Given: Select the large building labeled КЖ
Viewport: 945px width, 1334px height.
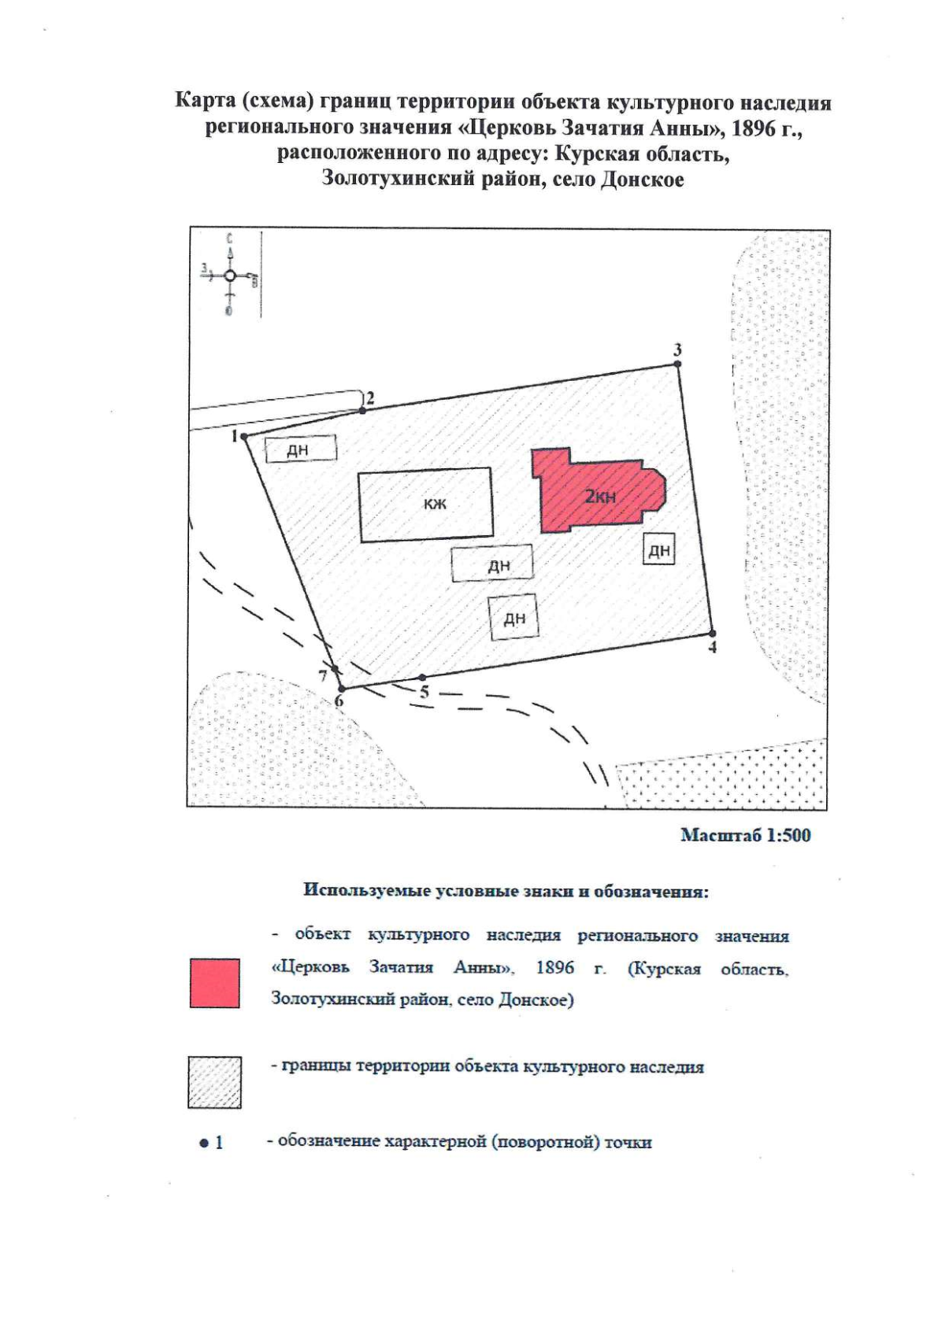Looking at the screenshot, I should click(426, 504).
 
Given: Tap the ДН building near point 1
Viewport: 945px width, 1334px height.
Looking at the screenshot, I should click(300, 449).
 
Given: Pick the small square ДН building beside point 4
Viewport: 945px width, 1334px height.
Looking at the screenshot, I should click(659, 550).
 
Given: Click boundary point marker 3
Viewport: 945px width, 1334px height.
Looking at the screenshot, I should click(677, 364).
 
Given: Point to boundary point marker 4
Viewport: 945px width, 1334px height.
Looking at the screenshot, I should click(712, 634).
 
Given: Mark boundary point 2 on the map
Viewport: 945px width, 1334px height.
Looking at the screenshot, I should click(362, 410).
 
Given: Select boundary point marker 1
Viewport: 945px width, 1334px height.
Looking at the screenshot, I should click(244, 436).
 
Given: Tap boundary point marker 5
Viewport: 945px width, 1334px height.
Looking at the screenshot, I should click(422, 678).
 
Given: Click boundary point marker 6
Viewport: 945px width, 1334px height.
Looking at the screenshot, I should click(341, 689).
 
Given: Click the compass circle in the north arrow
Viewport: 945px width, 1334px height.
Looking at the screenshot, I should click(229, 275).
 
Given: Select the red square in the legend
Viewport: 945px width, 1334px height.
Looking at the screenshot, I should click(215, 983).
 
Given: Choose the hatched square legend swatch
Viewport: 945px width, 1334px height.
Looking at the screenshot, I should click(214, 1083).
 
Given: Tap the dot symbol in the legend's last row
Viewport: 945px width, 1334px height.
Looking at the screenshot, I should click(204, 1143).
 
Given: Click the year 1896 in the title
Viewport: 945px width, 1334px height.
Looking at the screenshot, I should click(754, 128).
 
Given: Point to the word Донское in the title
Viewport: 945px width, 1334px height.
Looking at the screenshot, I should click(642, 179).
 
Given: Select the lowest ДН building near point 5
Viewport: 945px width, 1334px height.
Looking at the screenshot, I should click(513, 618).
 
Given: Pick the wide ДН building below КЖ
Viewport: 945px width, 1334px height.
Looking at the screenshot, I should click(492, 564).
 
